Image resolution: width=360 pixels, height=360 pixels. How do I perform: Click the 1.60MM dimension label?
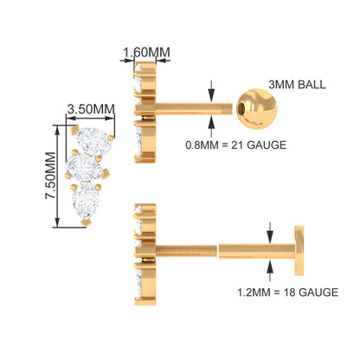click(x=146, y=52)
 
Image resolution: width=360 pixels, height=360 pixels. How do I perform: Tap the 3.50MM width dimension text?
click(x=91, y=109)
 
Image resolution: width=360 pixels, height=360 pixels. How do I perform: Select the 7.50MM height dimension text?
click(x=50, y=176)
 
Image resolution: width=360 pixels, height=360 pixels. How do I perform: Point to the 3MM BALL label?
click(x=297, y=85)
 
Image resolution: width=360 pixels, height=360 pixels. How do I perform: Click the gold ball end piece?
click(x=257, y=109)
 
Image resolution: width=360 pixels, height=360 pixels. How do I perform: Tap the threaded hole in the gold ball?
click(x=241, y=109)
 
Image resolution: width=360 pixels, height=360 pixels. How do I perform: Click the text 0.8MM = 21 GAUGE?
click(x=236, y=145)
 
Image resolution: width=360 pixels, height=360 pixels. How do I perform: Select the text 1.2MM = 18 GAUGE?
click(x=287, y=292)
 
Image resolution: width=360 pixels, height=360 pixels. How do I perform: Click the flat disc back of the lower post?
click(x=299, y=250)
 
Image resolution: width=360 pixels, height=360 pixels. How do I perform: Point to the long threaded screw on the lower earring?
click(x=186, y=250)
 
